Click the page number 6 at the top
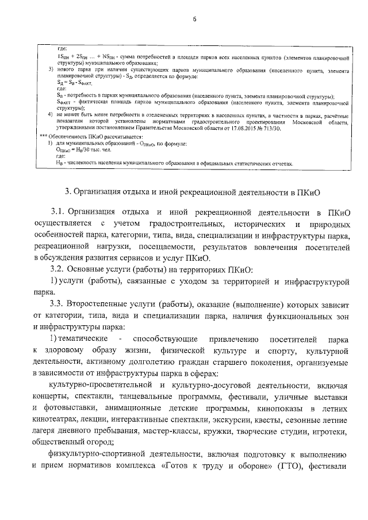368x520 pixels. [x=195, y=20]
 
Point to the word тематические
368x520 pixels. [x=82, y=340]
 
